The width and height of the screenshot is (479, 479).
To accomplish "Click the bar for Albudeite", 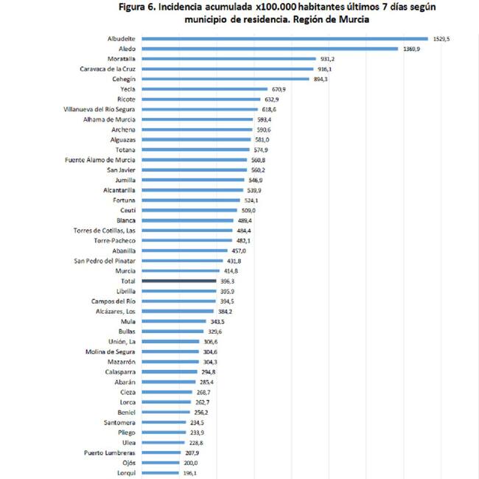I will (284, 38).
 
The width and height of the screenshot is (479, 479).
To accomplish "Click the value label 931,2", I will (327, 59).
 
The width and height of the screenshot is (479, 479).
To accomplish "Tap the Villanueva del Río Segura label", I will (99, 109).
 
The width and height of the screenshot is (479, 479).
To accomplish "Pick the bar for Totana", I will (195, 150).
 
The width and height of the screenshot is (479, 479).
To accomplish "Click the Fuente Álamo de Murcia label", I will (100, 160).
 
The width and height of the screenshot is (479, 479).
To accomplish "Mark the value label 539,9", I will (254, 190).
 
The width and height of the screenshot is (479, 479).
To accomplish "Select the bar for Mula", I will (173, 321).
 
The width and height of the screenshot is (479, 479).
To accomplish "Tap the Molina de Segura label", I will (109, 352).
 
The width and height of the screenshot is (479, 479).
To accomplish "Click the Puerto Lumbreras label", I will (110, 452).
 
